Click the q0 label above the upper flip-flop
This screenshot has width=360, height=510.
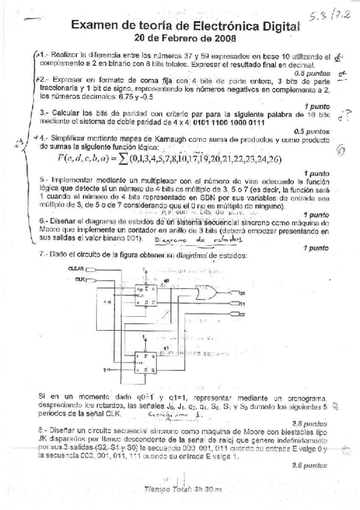tap(166, 280)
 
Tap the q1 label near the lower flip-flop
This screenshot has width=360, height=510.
tap(165, 348)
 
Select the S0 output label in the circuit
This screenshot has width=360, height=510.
tap(242, 293)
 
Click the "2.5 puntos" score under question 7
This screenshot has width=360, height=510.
tap(309, 423)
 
